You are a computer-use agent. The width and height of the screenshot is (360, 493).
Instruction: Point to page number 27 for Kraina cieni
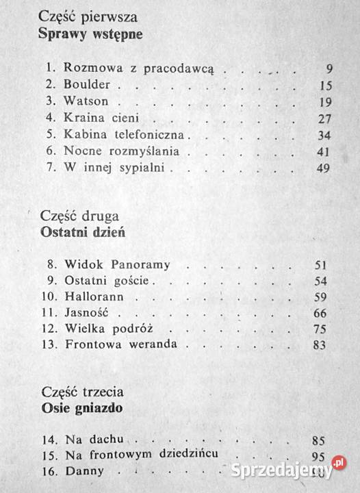point(324,119)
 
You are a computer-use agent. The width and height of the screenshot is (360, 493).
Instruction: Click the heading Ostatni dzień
point(83,231)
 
